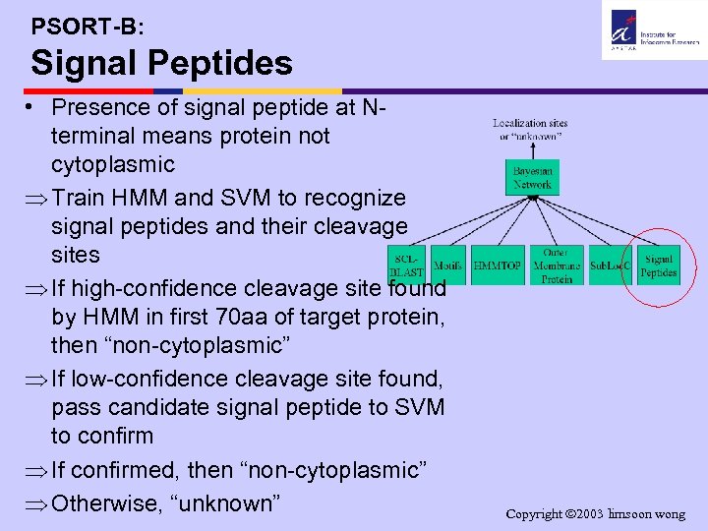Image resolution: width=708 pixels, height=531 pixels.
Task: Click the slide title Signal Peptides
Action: tap(161, 64)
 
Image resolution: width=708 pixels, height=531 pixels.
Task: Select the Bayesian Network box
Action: tap(533, 177)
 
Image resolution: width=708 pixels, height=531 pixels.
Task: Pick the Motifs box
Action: tap(448, 265)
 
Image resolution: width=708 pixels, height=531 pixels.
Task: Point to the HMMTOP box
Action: tap(498, 265)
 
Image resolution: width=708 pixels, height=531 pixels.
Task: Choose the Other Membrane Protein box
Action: tap(557, 265)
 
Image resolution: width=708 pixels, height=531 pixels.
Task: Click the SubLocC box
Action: tap(610, 265)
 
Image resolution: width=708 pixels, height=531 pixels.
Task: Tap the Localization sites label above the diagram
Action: tap(530, 129)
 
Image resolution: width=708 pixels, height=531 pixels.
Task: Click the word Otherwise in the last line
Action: tap(108, 503)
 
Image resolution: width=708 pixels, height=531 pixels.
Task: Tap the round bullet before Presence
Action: tap(34, 106)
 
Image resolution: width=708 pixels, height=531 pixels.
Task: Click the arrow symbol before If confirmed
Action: tap(38, 471)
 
